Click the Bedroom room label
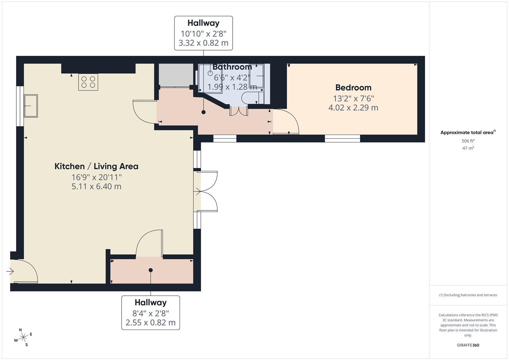[x=353, y=87]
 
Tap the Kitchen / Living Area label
[x=96, y=166]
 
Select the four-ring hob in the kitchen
[x=88, y=82]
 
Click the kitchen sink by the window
[x=31, y=106]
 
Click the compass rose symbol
[x=23, y=337]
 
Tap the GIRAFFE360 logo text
[x=468, y=345]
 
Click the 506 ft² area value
[x=468, y=141]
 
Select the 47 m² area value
[x=468, y=148]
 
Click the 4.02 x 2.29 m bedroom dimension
[x=353, y=107]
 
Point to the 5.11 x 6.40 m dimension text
[x=96, y=186]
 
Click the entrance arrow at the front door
[x=10, y=271]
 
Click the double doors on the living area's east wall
[x=206, y=191]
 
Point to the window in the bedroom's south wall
[x=342, y=138]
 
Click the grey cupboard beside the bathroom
[x=176, y=75]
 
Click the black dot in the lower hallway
[x=151, y=270]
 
